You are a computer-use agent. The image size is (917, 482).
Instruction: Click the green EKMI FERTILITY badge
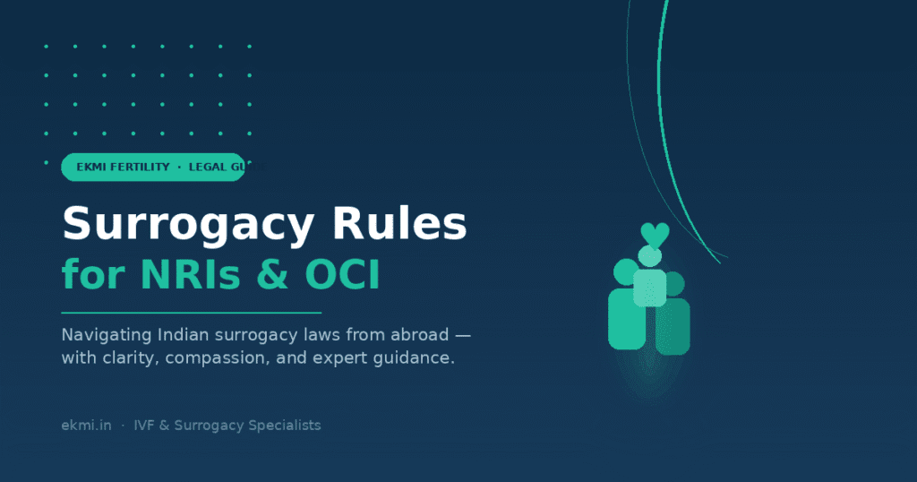(x=152, y=168)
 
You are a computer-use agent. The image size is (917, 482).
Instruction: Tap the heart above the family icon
(x=655, y=236)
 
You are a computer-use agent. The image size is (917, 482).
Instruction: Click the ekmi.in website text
(x=86, y=426)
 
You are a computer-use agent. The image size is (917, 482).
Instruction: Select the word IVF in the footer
(x=146, y=426)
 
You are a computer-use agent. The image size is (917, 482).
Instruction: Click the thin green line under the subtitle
(x=191, y=313)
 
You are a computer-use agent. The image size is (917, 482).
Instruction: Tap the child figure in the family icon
(x=649, y=282)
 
